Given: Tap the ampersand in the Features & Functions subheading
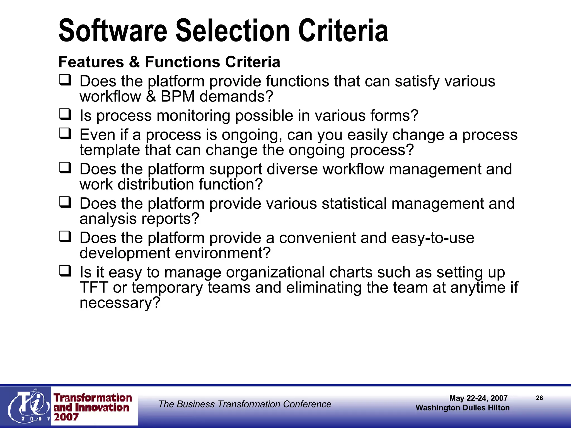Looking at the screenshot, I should tap(134, 62).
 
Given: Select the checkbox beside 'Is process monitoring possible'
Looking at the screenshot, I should tap(65, 114).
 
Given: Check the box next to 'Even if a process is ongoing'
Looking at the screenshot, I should tap(65, 133).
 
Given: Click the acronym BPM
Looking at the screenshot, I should tap(177, 97).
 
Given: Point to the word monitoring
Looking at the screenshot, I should tap(193, 116).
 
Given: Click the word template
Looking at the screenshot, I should tap(110, 150).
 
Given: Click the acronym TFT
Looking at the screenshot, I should tap(94, 288).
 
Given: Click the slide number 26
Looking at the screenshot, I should tap(539, 398).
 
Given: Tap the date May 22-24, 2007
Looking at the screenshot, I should tap(478, 398).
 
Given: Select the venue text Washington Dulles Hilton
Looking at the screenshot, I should tap(463, 408).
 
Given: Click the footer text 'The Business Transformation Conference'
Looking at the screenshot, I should tap(245, 404).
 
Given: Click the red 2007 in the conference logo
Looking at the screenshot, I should tap(66, 417).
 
